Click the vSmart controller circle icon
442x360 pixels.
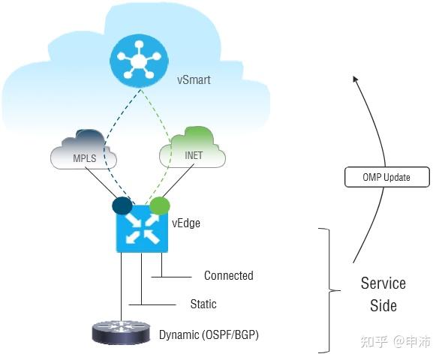click(x=139, y=60)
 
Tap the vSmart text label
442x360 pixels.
click(x=194, y=79)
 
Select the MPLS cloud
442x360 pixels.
click(x=84, y=150)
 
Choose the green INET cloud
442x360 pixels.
click(x=193, y=148)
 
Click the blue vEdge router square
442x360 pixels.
click(x=142, y=229)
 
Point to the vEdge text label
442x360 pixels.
click(x=186, y=223)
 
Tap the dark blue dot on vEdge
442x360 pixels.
click(x=122, y=205)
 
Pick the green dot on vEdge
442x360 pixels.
click(x=160, y=205)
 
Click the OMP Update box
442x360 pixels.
click(x=387, y=177)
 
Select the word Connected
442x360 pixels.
click(x=229, y=275)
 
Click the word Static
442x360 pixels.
click(x=203, y=304)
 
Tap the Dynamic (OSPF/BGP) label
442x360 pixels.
click(x=209, y=335)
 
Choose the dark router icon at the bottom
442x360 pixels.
click(x=122, y=332)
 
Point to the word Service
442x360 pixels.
click(x=383, y=283)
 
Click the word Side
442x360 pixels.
click(x=383, y=306)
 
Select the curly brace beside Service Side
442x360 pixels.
click(x=329, y=290)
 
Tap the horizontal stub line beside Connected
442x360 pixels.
click(x=171, y=277)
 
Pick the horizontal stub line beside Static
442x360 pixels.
click(x=152, y=304)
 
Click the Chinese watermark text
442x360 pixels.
click(x=395, y=342)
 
